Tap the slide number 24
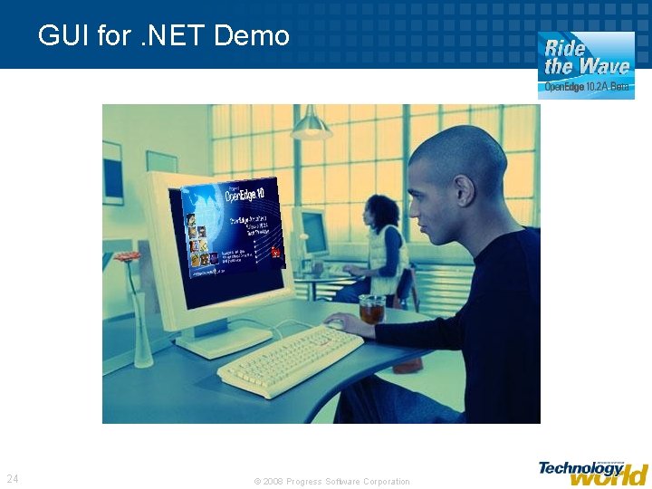[13, 478]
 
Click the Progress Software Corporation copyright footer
[331, 482]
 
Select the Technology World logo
[593, 472]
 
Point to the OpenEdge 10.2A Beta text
[586, 88]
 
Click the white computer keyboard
[291, 358]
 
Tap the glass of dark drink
[371, 310]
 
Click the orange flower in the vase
[128, 257]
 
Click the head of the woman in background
[382, 211]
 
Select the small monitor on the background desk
[314, 232]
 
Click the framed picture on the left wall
[112, 171]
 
